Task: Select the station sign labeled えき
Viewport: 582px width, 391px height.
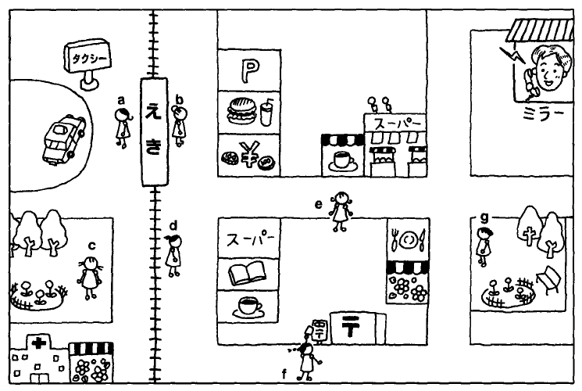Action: click(x=155, y=131)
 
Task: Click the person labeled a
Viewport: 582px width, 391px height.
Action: click(x=123, y=126)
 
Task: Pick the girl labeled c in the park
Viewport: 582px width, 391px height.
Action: click(x=91, y=278)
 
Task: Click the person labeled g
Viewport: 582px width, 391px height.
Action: click(x=484, y=243)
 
